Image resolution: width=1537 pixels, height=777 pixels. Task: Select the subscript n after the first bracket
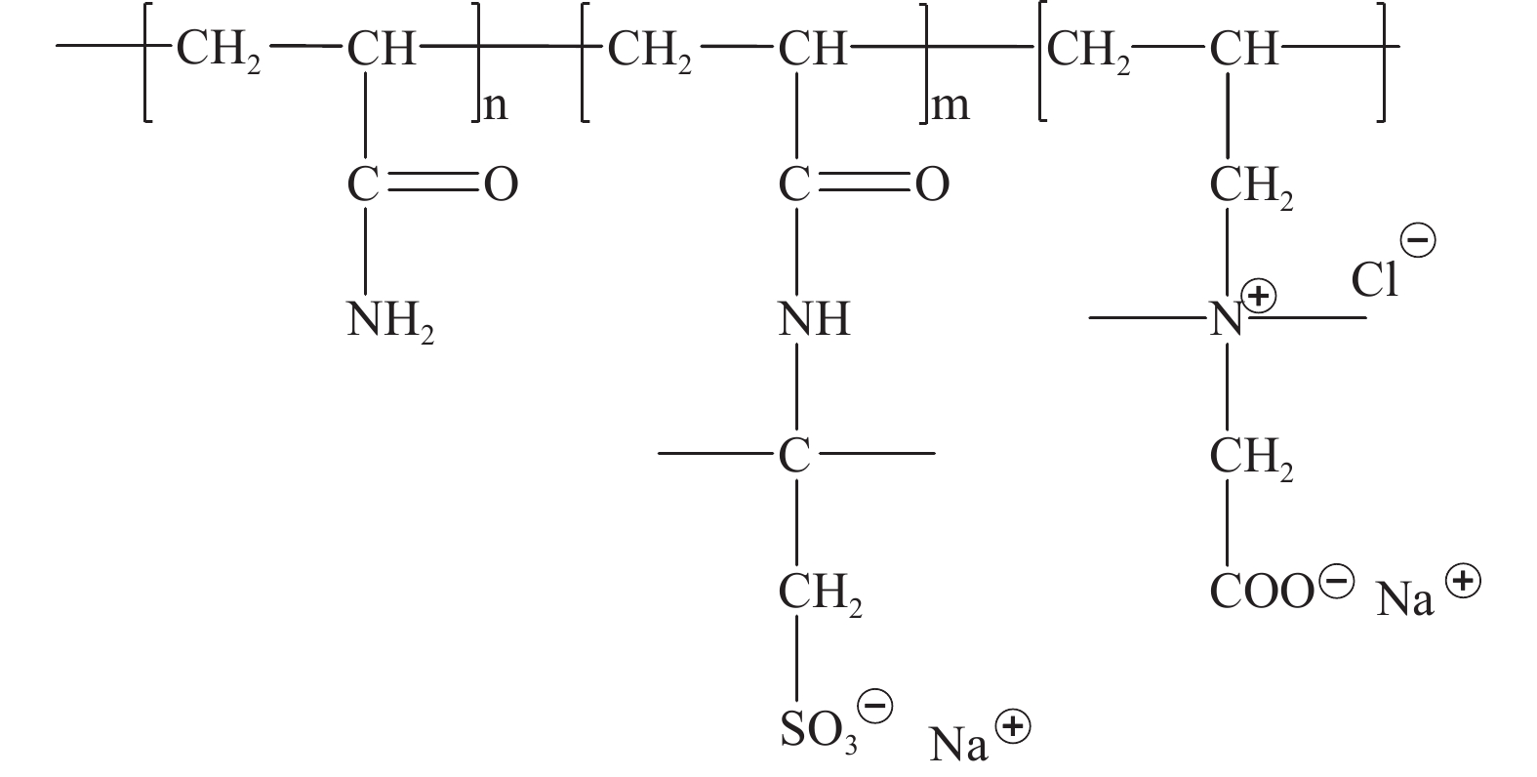coord(496,105)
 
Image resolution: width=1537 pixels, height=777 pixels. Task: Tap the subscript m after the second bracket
coord(950,105)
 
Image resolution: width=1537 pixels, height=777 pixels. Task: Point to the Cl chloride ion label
coord(1374,280)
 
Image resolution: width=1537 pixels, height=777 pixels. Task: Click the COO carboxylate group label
coord(1262,591)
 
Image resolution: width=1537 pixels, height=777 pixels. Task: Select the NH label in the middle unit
coord(814,319)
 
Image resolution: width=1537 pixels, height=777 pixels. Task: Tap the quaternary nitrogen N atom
coord(1227,319)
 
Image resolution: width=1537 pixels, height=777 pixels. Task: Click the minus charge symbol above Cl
coord(1418,240)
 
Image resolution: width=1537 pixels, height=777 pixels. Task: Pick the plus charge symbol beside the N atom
coord(1260,295)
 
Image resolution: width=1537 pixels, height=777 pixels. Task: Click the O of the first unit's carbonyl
coord(501,184)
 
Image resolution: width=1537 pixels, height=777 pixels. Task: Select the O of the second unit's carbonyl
coord(932,184)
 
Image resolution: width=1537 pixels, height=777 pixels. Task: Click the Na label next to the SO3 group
coord(959,744)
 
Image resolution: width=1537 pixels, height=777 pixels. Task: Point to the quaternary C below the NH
coord(794,454)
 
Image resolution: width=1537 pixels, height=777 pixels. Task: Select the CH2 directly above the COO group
coord(1251,458)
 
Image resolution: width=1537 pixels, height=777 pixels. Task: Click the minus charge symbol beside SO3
coord(874,705)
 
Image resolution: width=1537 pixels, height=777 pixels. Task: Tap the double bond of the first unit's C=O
coord(430,184)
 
